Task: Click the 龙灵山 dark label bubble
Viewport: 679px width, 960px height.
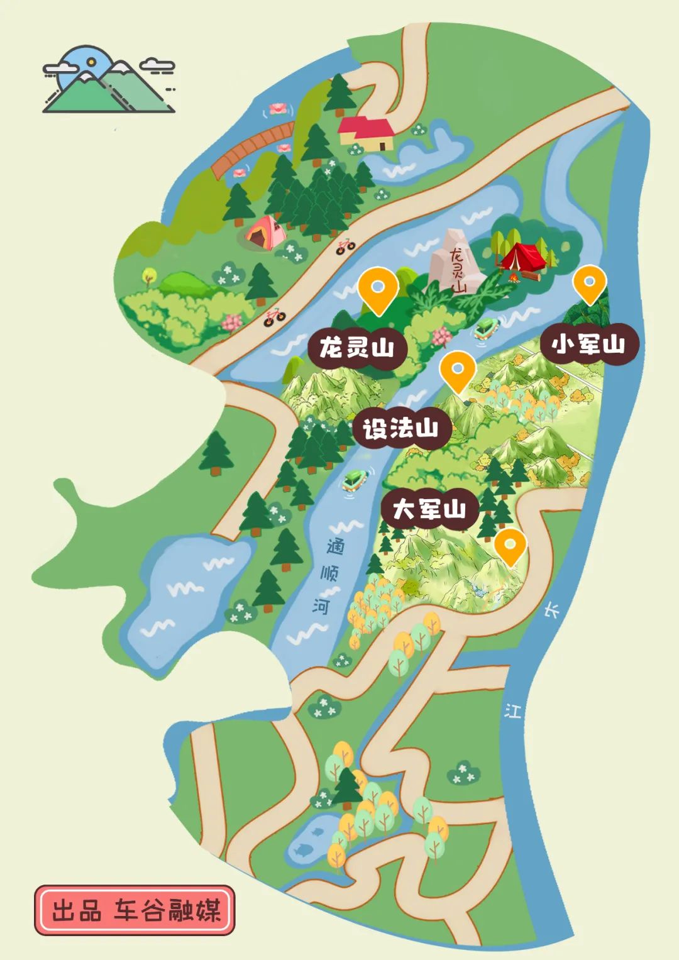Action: [356, 347]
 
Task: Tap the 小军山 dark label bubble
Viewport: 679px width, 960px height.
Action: [588, 344]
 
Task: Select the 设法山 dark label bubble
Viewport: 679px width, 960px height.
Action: [400, 429]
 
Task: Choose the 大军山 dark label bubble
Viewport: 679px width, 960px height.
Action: [429, 509]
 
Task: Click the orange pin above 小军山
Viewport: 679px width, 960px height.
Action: [590, 284]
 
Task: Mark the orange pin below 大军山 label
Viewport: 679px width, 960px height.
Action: [510, 546]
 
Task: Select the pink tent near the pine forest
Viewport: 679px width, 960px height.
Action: [265, 233]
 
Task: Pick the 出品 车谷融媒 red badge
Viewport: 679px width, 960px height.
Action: [135, 910]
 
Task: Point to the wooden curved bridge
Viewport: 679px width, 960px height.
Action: [252, 148]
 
